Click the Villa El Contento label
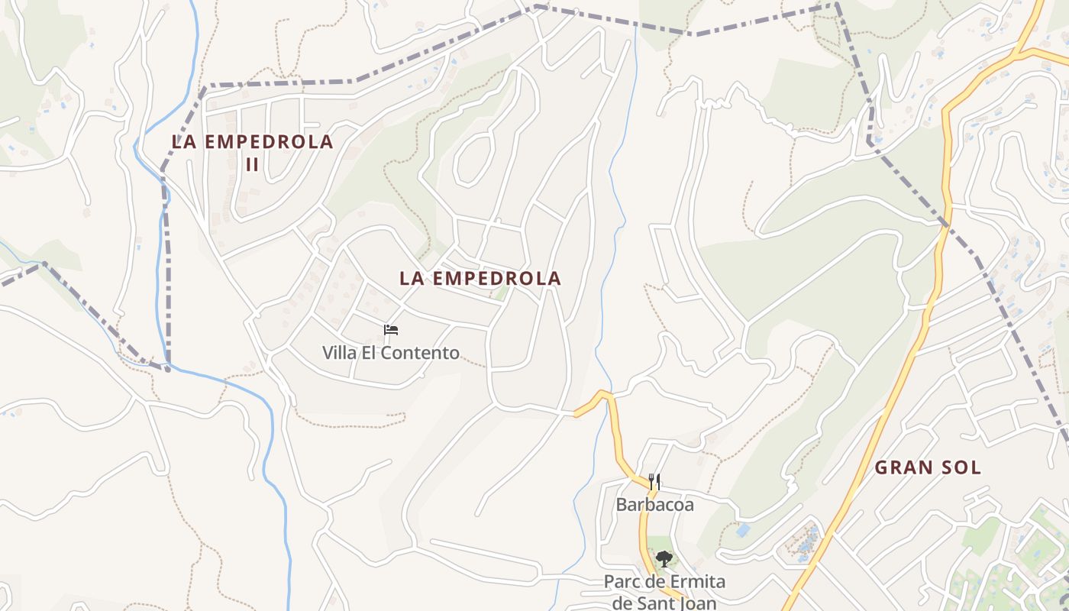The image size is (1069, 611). (x=390, y=353)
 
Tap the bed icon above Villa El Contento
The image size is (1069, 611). (x=391, y=330)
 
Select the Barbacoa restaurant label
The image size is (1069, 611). (x=654, y=505)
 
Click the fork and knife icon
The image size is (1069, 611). (x=654, y=481)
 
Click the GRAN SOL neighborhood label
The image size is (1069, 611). (x=927, y=467)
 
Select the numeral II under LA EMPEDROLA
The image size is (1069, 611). (x=252, y=163)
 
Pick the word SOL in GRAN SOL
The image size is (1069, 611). (x=961, y=467)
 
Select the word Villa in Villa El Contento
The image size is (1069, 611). (x=339, y=353)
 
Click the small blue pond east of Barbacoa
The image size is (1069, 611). (x=742, y=530)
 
